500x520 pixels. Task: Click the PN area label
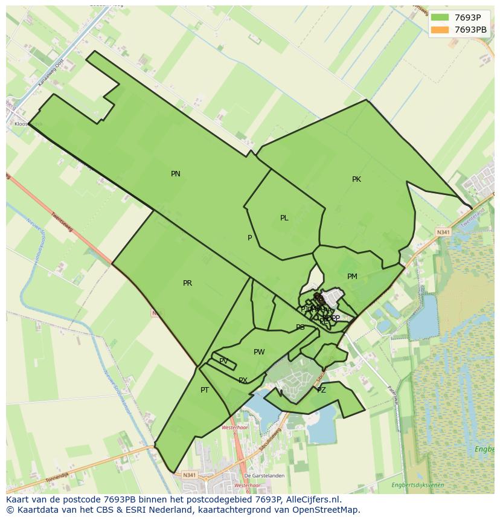[x=176, y=174]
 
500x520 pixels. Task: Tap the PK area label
[x=356, y=179]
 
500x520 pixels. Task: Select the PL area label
[x=284, y=218]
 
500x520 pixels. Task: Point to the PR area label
[x=187, y=283]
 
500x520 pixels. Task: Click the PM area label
[x=352, y=277]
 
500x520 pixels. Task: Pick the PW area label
[x=259, y=352]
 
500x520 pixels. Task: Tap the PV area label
[x=223, y=361]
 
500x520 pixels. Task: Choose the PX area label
[x=243, y=380]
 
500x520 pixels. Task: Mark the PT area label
[x=205, y=390]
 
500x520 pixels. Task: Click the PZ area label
[x=321, y=390]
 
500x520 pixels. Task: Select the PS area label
[x=300, y=327]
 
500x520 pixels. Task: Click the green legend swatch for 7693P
[x=440, y=18]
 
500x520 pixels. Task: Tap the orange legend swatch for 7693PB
[x=440, y=30]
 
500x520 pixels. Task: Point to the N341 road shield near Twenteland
[x=443, y=232]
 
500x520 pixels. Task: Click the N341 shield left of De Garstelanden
[x=189, y=475]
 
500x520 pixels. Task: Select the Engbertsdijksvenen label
[x=417, y=485]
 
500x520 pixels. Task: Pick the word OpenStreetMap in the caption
[x=326, y=510]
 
